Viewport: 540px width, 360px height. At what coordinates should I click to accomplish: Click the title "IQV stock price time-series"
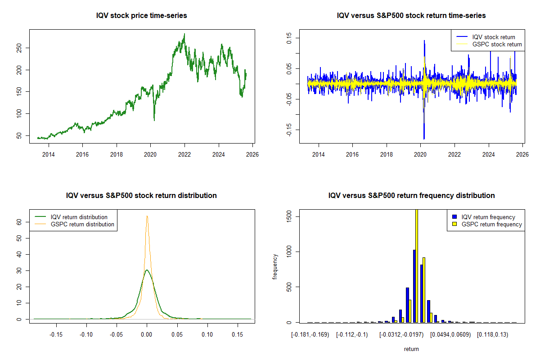tap(141, 16)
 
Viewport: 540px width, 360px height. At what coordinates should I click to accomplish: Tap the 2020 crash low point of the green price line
tap(154, 120)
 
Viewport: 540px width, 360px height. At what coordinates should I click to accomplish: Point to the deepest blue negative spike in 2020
tap(424, 139)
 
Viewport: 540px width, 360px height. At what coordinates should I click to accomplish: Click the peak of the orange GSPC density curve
tap(147, 216)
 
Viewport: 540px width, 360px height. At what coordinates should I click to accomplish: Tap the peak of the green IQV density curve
tap(147, 270)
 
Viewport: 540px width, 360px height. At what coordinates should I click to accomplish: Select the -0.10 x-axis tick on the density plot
tap(86, 335)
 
